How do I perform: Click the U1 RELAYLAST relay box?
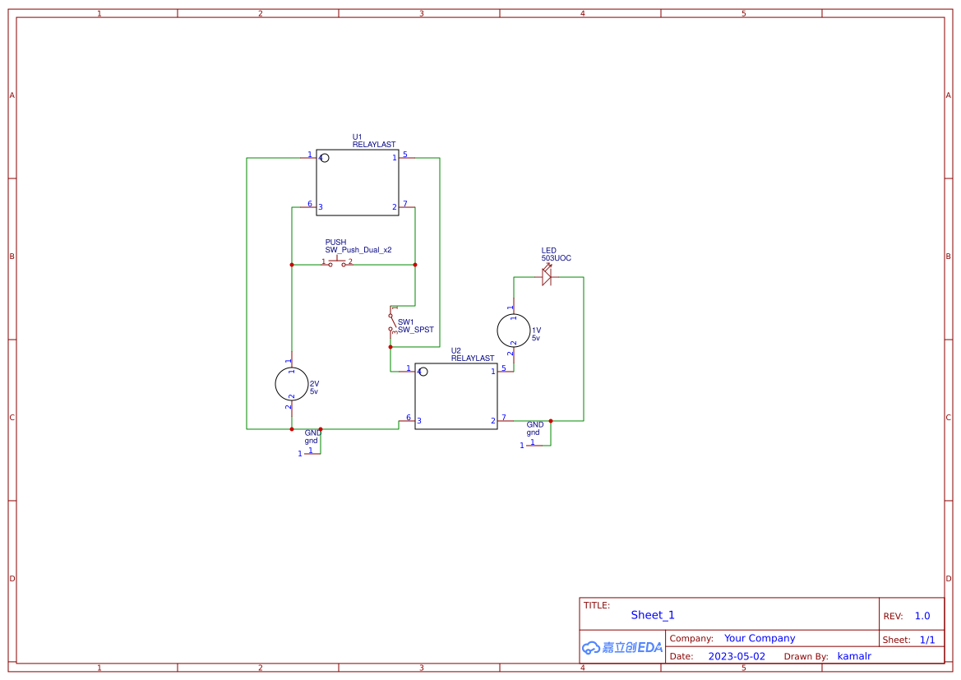tap(357, 183)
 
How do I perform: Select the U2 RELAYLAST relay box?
tap(455, 396)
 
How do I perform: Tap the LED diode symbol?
tap(547, 277)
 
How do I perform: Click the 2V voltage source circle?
tap(291, 383)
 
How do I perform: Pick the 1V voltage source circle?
tap(514, 331)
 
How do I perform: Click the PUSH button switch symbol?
tap(337, 263)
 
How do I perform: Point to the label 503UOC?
tap(556, 258)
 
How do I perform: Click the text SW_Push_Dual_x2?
tap(358, 249)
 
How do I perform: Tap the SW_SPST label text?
tap(416, 330)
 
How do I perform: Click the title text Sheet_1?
tap(653, 615)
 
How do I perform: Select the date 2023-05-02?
tap(737, 656)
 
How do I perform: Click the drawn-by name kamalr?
tap(854, 656)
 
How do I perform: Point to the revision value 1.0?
tap(922, 616)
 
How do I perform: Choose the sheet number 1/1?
tap(926, 640)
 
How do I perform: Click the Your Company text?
tap(760, 638)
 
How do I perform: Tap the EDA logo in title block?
tap(622, 647)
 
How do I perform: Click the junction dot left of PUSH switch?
tap(292, 265)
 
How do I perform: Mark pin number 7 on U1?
tap(404, 203)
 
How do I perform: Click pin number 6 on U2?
tap(409, 417)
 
